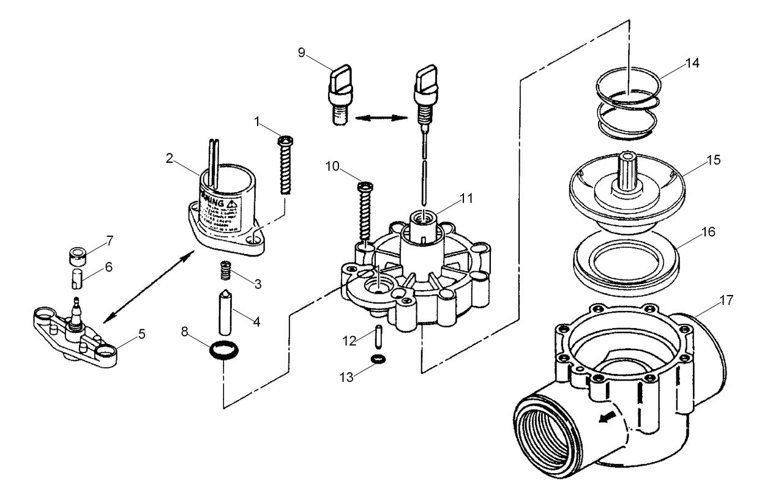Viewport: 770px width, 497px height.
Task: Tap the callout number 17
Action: point(726,302)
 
